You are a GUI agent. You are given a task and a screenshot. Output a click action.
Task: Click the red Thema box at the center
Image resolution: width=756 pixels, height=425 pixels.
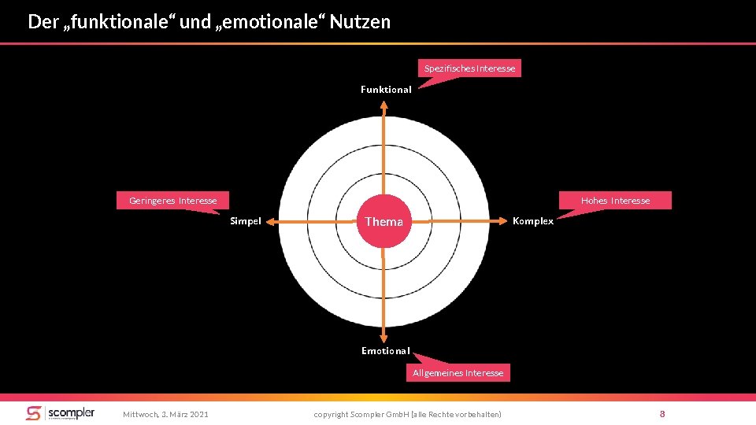point(384,221)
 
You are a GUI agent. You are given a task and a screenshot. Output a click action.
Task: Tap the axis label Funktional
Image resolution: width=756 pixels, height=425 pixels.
point(386,90)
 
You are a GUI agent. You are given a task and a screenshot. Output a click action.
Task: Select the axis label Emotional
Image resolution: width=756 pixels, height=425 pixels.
point(385,350)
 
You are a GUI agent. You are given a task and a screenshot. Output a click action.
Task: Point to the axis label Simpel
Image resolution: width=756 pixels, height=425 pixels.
point(245,221)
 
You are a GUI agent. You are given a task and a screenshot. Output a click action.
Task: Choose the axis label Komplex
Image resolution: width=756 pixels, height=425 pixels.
point(533,221)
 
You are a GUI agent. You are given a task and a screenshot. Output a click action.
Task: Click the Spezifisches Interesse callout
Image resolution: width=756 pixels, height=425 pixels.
point(469,68)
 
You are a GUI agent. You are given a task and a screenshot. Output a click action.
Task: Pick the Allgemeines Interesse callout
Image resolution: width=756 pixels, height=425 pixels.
point(458,372)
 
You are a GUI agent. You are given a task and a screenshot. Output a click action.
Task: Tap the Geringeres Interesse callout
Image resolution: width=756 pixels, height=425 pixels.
point(172,201)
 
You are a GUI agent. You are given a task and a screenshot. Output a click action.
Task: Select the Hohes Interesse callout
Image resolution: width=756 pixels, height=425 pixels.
point(615,201)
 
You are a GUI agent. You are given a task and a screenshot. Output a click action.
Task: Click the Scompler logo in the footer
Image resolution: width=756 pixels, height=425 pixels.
point(60,413)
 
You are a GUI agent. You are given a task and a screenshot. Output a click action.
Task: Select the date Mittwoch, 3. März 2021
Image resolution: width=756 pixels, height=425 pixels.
point(165,414)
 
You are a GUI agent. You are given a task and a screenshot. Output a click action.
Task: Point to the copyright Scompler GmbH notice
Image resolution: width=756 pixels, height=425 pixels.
point(407,414)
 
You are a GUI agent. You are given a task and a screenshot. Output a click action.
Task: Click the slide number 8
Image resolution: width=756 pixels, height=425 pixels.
point(662,413)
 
